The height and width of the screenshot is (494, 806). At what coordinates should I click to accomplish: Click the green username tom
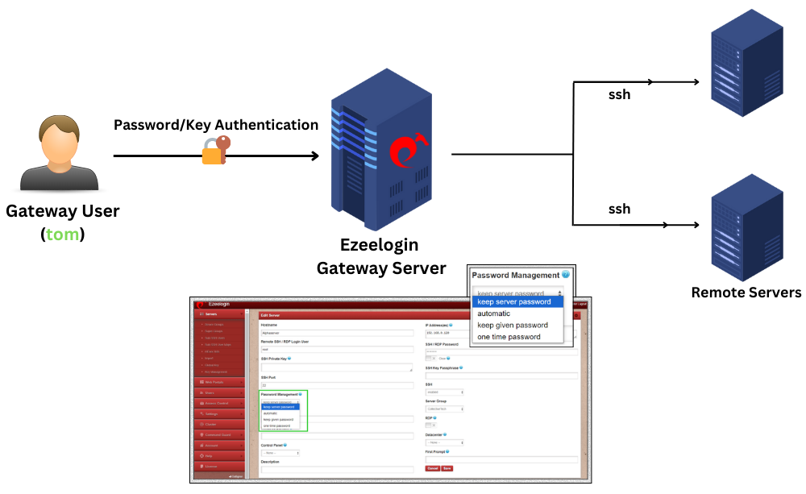64,235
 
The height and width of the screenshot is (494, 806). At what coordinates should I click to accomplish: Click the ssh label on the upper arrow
619,94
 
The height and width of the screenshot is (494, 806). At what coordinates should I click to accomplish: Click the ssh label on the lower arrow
619,209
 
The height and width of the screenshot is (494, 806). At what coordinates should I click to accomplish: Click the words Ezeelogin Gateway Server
380,256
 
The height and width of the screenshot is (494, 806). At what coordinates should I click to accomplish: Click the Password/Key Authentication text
216,125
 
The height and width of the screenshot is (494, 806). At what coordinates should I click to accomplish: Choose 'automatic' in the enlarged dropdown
494,313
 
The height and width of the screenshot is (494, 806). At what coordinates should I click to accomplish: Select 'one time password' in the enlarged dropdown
509,337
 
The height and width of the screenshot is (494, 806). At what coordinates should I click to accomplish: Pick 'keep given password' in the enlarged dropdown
512,325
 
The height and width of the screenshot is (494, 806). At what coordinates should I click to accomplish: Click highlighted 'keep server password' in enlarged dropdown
514,301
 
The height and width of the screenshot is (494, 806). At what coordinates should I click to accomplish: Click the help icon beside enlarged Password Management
566,275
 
